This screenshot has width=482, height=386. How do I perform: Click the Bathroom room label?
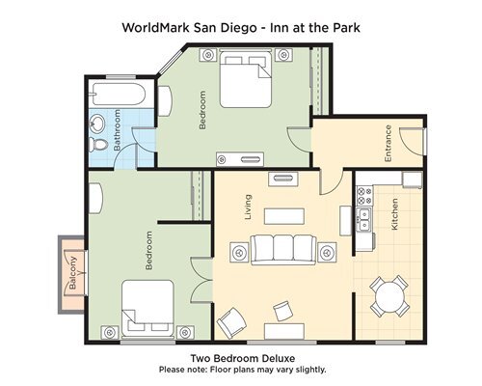[117, 130]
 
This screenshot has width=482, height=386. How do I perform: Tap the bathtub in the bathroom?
[119, 94]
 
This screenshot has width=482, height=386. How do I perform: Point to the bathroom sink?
[96, 124]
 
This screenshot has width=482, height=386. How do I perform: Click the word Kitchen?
[394, 214]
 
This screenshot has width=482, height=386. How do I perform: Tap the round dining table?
[389, 296]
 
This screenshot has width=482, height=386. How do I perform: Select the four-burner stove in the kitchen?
[364, 196]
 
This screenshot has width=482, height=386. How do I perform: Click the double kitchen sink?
[364, 220]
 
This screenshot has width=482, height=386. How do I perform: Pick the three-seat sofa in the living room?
[283, 250]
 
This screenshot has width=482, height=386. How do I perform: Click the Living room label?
[248, 207]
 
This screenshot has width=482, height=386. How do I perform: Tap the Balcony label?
[73, 272]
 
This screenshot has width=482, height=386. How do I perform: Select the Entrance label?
[388, 143]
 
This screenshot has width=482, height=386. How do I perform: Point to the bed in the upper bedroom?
[246, 79]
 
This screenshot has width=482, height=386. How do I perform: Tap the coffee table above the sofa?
[284, 216]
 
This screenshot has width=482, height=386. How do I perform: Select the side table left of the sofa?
[239, 252]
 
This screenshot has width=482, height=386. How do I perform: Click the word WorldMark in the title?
[156, 28]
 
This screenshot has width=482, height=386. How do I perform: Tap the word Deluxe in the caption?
[279, 358]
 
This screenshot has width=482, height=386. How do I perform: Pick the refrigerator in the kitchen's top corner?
[413, 179]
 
